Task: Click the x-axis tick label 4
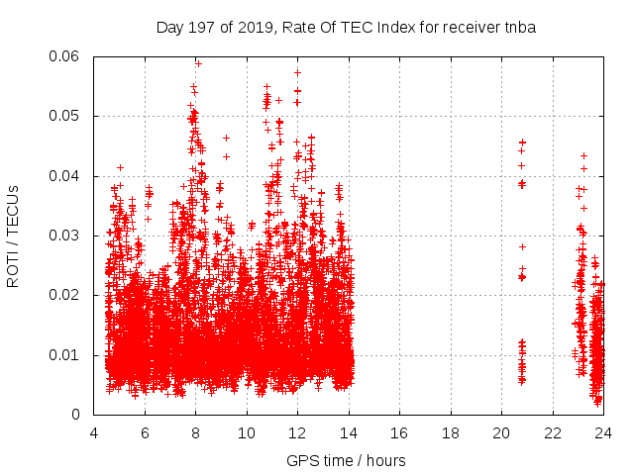(x=94, y=432)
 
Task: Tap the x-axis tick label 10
(x=247, y=432)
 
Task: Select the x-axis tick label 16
(x=399, y=432)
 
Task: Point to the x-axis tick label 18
(x=451, y=432)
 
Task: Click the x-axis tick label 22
(x=553, y=432)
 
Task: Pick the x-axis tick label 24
(x=603, y=432)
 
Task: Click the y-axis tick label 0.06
(x=69, y=56)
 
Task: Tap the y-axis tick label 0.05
(x=69, y=117)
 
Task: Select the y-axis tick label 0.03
(x=69, y=236)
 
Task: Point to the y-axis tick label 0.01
(x=69, y=355)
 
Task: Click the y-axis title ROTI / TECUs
(x=14, y=236)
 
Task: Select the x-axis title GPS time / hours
(x=346, y=460)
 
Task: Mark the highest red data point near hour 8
(x=198, y=63)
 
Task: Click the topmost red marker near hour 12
(x=297, y=72)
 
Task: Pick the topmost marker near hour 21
(x=522, y=142)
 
